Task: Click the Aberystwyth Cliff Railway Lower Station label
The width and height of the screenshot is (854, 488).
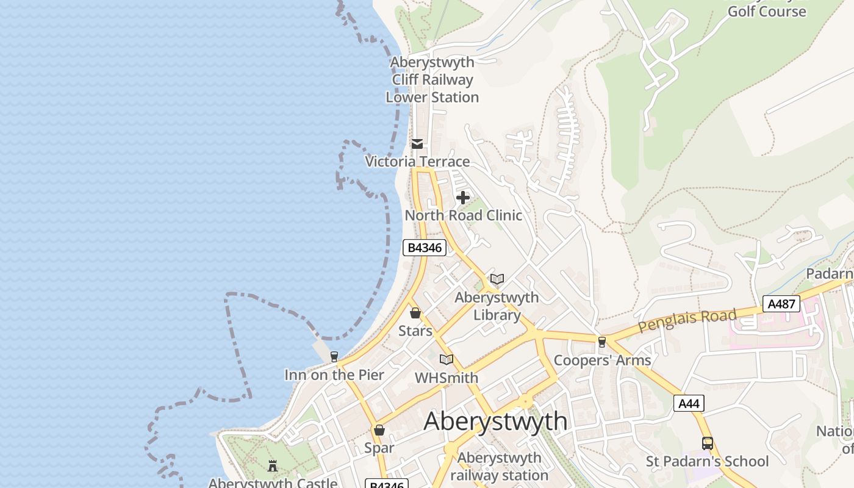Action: (x=432, y=80)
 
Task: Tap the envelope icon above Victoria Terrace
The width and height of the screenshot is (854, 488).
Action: (x=417, y=144)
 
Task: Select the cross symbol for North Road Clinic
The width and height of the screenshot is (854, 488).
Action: (x=463, y=198)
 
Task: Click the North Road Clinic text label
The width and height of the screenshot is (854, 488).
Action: (x=464, y=215)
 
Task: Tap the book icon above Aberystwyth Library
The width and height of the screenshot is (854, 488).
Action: (x=497, y=279)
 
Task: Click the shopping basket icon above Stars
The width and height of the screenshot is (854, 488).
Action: (x=415, y=313)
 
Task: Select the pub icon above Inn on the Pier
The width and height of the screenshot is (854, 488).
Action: (x=334, y=356)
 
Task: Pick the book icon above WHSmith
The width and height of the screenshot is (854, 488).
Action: (x=447, y=359)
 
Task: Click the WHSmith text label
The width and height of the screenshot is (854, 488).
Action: (x=447, y=378)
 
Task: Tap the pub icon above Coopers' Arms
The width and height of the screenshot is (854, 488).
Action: (x=602, y=342)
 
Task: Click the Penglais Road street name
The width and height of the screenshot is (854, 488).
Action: (x=687, y=321)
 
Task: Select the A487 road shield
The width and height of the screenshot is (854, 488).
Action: (x=781, y=303)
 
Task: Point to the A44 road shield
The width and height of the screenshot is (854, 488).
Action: (x=689, y=403)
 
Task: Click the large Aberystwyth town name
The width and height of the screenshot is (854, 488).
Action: (x=495, y=421)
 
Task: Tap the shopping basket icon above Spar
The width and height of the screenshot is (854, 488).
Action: (x=379, y=430)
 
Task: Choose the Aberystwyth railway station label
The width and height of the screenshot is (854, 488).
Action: (x=500, y=467)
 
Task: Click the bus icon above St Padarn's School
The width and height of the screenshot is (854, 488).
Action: (x=708, y=443)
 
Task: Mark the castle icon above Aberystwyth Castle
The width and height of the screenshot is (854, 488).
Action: (x=273, y=466)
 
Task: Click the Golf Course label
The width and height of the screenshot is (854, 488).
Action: (x=767, y=11)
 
